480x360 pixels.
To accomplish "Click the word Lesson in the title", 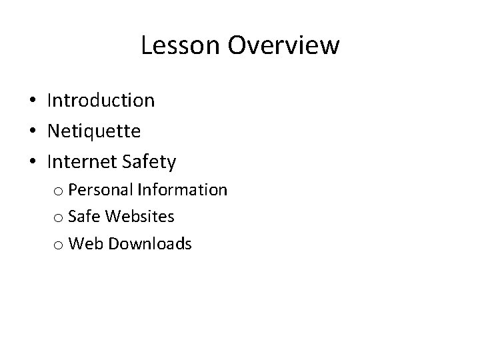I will pyautogui.click(x=181, y=46).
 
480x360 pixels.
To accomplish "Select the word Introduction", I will pyautogui.click(x=101, y=101).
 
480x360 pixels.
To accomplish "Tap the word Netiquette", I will pyautogui.click(x=94, y=131).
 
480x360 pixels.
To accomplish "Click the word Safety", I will pyautogui.click(x=151, y=161).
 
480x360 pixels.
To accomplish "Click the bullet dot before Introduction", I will pyautogui.click(x=31, y=101).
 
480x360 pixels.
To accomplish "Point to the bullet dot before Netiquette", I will pyautogui.click(x=31, y=131).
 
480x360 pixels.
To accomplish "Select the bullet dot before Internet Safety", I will pyautogui.click(x=31, y=161).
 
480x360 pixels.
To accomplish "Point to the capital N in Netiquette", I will pyautogui.click(x=54, y=131).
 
